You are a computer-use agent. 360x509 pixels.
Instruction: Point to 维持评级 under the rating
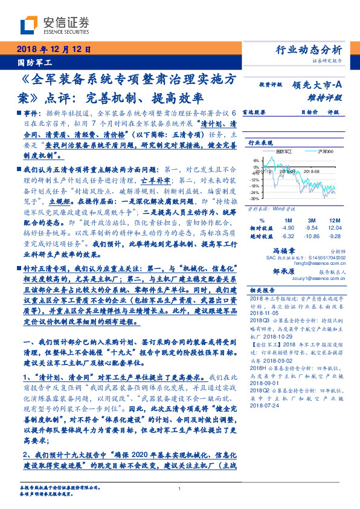[x=327, y=98]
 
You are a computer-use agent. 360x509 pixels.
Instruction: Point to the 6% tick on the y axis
[x=256, y=161]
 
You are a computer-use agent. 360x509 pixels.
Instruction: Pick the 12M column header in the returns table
[x=335, y=220]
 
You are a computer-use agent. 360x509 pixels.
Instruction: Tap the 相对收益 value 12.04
[x=335, y=228]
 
